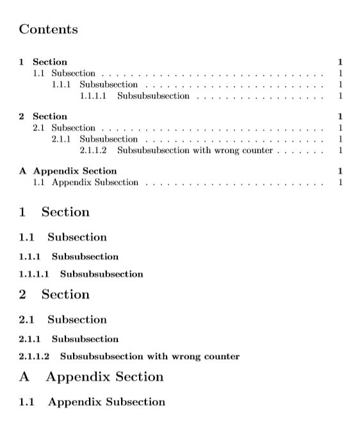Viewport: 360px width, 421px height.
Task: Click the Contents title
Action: (x=49, y=29)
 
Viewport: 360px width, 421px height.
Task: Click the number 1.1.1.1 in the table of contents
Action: (x=93, y=96)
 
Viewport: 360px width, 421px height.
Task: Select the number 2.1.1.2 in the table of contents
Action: (x=93, y=150)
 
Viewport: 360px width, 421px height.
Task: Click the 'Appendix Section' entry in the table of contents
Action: (x=75, y=171)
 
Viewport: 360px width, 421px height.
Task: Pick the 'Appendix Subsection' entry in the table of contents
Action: (x=95, y=182)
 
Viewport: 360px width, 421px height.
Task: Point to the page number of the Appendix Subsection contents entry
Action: (x=341, y=182)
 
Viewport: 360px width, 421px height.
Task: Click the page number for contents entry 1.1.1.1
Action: (x=341, y=96)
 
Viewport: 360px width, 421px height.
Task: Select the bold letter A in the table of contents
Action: (x=23, y=171)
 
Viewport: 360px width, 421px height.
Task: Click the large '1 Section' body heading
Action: (x=54, y=212)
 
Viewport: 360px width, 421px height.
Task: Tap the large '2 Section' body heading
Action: (x=54, y=294)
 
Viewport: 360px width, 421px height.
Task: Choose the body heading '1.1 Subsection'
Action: (x=63, y=237)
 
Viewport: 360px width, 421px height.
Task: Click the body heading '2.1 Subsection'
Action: (x=63, y=320)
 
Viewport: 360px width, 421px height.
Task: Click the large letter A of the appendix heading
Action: (x=24, y=377)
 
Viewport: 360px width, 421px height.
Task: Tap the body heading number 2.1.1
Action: (x=30, y=339)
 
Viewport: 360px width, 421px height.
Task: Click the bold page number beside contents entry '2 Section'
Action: (x=341, y=116)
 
